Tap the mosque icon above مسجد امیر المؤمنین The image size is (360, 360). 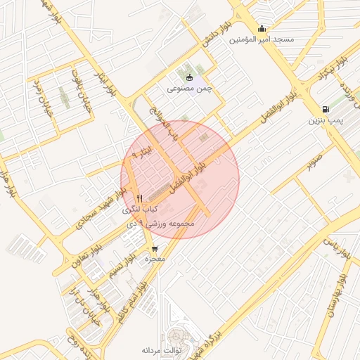point(262,29)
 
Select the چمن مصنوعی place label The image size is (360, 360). point(189,89)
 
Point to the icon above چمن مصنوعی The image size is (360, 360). point(189,77)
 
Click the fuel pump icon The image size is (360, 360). point(325,109)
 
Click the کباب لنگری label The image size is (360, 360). point(141,210)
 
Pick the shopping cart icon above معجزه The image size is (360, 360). point(154,248)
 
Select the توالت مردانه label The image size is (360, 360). point(162,349)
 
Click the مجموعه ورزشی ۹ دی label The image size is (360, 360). point(168,223)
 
